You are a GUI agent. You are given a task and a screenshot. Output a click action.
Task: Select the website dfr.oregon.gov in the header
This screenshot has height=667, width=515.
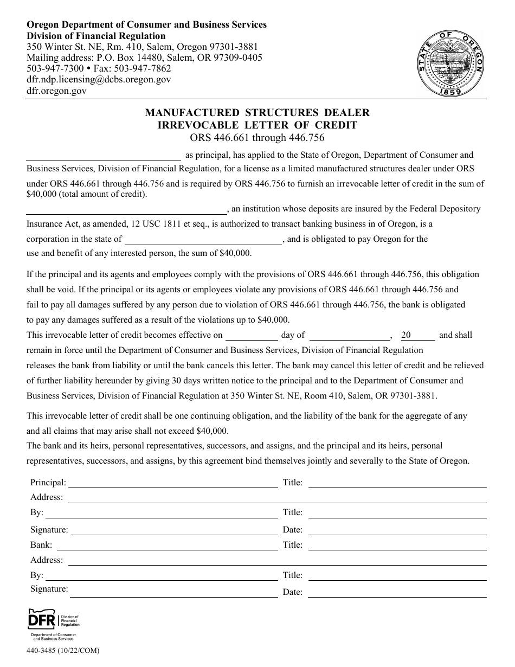[x=56, y=91]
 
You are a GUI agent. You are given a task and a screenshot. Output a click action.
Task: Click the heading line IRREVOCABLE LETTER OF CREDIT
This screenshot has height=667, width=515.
[x=257, y=125]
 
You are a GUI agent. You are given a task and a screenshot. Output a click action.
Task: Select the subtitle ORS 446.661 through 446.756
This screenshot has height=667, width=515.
[x=257, y=137]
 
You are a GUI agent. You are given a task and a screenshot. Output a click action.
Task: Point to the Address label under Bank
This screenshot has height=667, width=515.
[x=47, y=560]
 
